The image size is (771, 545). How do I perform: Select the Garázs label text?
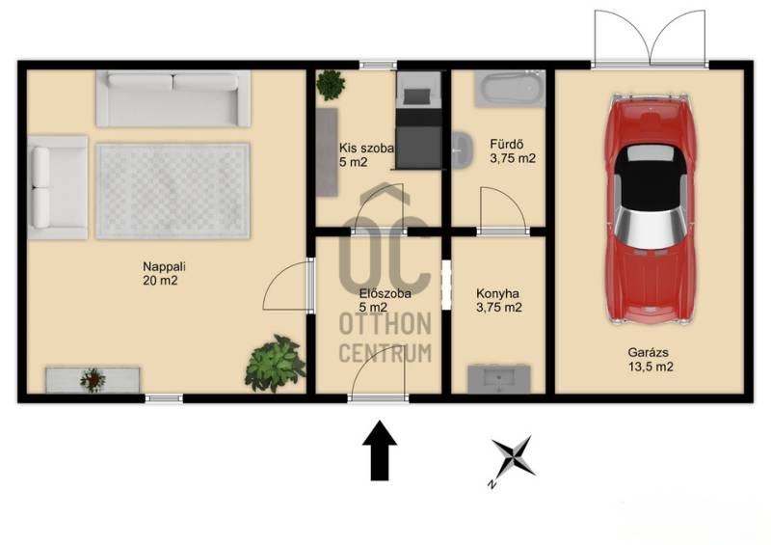click(x=648, y=352)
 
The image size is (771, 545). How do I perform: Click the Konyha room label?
click(x=497, y=294)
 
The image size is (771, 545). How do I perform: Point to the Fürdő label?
click(x=507, y=145)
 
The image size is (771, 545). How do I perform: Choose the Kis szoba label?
click(x=366, y=148)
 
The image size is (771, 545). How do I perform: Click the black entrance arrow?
click(x=379, y=450)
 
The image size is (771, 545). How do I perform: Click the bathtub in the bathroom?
click(x=510, y=89)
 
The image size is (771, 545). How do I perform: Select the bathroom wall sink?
click(x=463, y=150)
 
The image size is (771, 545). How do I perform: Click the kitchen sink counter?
click(x=498, y=378)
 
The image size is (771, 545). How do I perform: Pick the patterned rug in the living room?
click(x=173, y=191)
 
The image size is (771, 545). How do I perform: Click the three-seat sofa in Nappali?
click(x=173, y=98)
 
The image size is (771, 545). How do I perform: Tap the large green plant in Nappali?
click(x=275, y=364)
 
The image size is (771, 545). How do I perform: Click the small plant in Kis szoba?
click(x=331, y=85)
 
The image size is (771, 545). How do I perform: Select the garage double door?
click(x=650, y=38)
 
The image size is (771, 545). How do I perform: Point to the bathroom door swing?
click(x=502, y=208)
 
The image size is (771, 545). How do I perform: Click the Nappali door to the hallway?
click(x=287, y=286)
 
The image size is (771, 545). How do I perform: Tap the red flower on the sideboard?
click(x=93, y=380)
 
